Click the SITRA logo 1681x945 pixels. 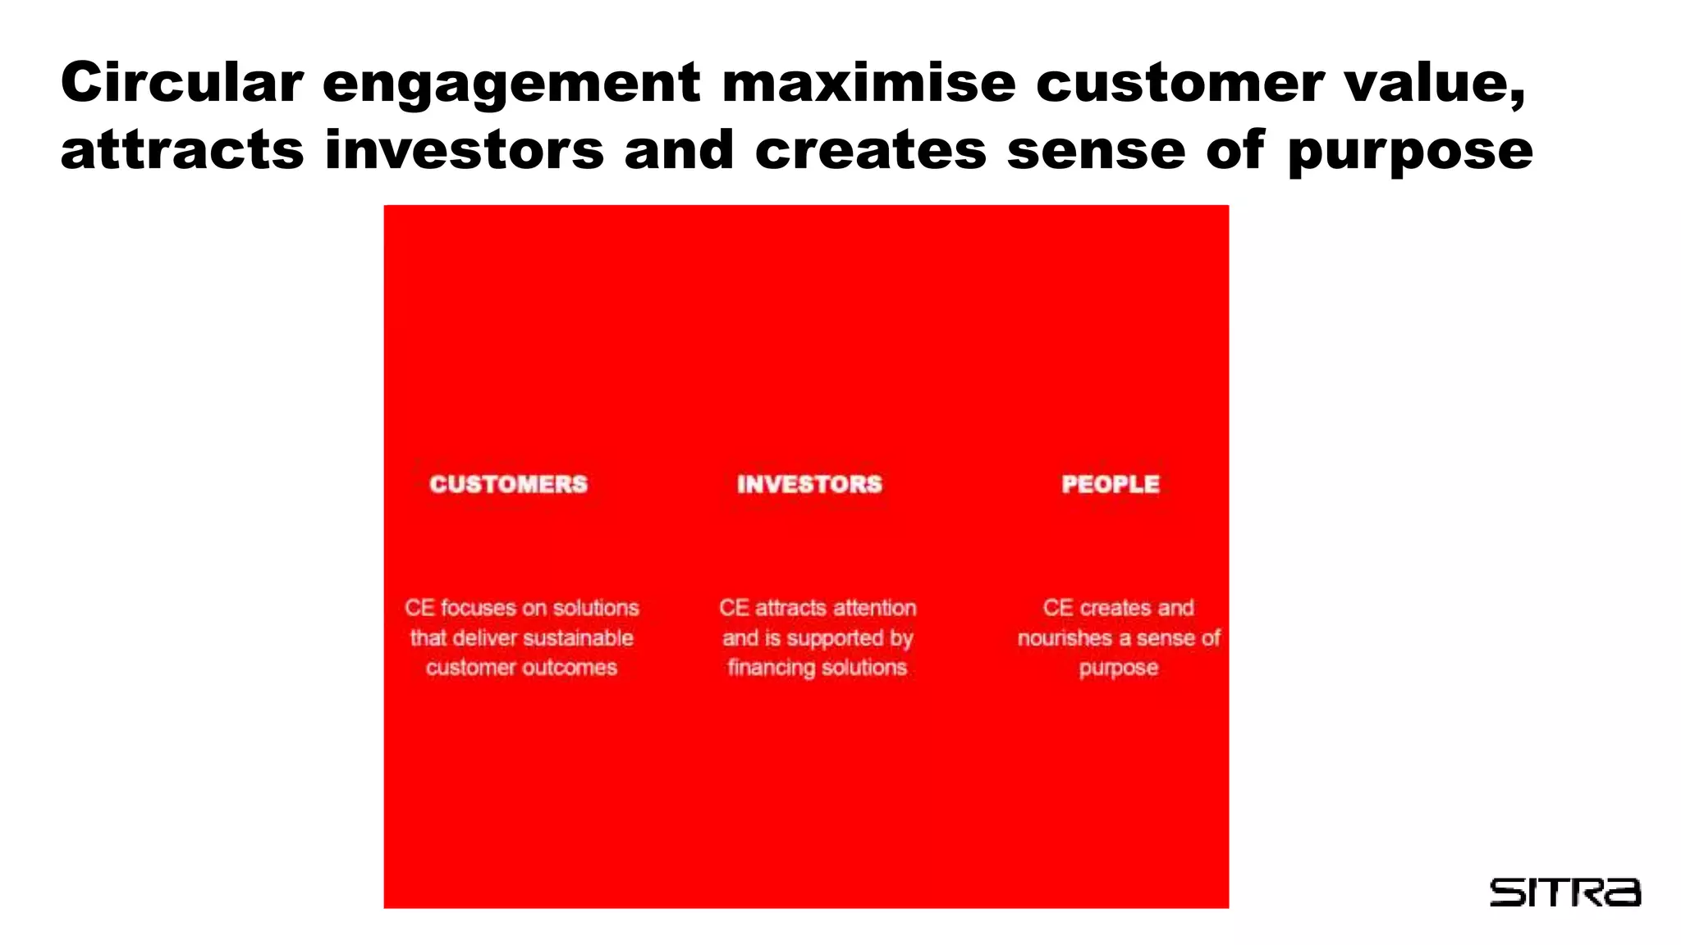point(1564,892)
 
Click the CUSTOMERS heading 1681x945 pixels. point(509,484)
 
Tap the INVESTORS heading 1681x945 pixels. point(809,484)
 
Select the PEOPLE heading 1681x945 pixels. point(1111,484)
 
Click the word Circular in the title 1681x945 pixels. point(182,83)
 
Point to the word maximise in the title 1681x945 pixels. point(868,83)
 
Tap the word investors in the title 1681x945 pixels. point(465,150)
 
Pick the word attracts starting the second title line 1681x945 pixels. point(182,150)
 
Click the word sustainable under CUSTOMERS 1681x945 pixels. point(579,638)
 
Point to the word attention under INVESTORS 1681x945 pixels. point(875,608)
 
